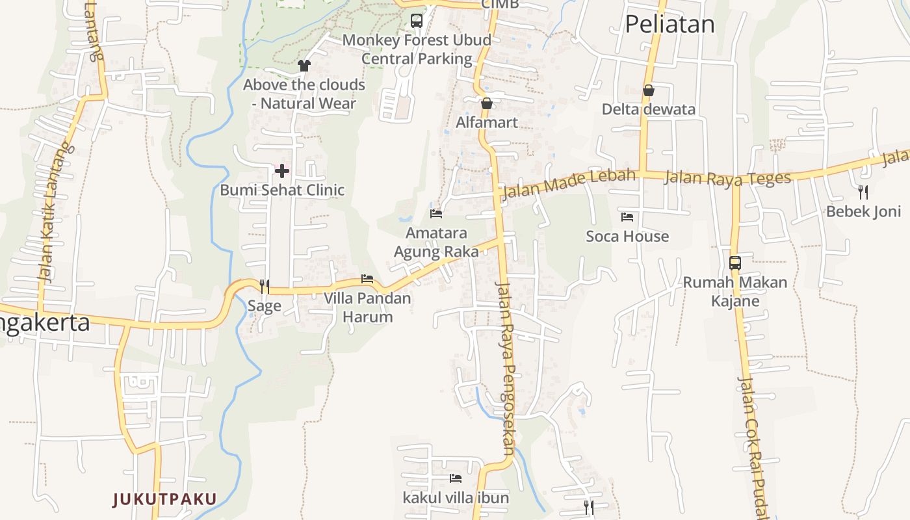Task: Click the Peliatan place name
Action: pos(669,24)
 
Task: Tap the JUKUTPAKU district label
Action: pos(164,499)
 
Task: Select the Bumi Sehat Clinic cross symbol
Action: pos(282,171)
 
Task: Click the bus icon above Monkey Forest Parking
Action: pos(417,21)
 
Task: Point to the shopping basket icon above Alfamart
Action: pos(487,103)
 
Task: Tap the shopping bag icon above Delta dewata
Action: pos(648,90)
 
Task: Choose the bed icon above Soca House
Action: pos(627,216)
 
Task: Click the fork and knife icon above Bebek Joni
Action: pos(863,192)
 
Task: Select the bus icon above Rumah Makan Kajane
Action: pos(735,263)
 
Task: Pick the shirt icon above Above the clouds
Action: pos(304,65)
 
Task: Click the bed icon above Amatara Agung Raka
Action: pos(436,213)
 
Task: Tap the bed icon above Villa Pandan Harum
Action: pos(367,279)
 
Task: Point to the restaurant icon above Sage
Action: pos(265,286)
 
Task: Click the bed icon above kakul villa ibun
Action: pos(456,478)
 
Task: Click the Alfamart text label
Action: pos(487,122)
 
